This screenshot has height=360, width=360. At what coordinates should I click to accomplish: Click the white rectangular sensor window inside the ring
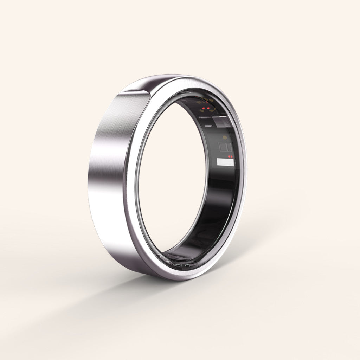pos(225,162)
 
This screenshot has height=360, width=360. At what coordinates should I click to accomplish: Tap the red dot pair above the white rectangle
pos(230,156)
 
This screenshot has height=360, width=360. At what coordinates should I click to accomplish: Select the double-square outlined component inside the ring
pos(225,147)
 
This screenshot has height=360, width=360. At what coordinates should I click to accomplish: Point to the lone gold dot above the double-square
pos(224,137)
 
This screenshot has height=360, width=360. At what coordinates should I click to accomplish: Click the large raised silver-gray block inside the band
pos(223,122)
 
